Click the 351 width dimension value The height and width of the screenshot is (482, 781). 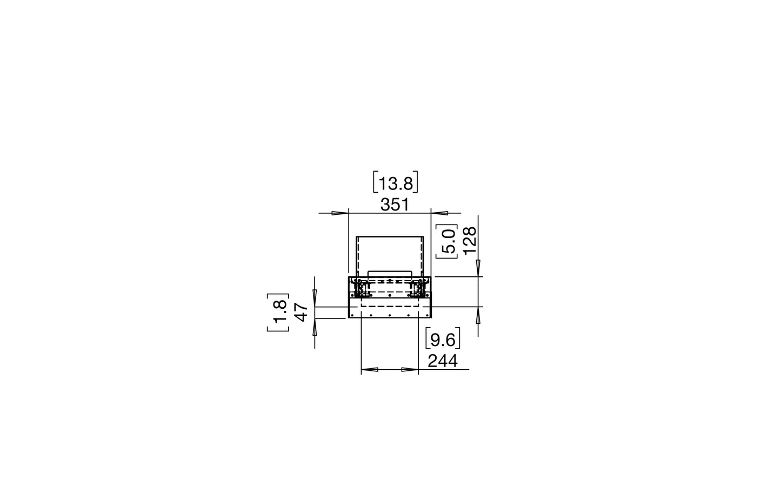395,205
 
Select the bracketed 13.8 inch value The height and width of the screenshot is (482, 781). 396,184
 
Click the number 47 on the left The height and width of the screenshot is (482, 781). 302,312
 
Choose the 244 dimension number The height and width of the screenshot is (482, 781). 443,361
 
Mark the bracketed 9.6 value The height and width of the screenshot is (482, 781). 443,340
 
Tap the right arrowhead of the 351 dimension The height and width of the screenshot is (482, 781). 439,213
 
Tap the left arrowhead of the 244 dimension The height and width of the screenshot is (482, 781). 369,370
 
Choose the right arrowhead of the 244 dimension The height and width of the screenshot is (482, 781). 410,370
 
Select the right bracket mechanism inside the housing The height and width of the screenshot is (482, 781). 417,291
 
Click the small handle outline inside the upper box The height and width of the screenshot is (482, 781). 390,274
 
